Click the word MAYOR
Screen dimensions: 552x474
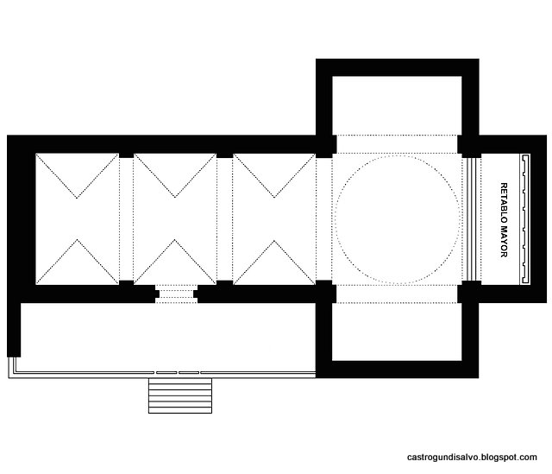(x=504, y=241)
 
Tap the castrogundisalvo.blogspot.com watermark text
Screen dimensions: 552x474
(x=472, y=458)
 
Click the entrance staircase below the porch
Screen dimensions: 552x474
(x=180, y=395)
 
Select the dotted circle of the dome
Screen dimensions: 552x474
(x=398, y=156)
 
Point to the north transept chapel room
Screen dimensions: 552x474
(x=397, y=105)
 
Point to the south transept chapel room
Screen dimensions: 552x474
(x=397, y=332)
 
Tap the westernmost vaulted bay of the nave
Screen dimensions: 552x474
(x=77, y=218)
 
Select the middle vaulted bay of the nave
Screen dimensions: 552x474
(x=175, y=218)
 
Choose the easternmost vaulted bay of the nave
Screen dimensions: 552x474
(x=274, y=218)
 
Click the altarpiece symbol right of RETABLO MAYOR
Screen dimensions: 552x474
(x=525, y=218)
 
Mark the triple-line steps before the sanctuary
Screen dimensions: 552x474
(x=472, y=218)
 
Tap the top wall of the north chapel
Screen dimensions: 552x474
(x=397, y=67)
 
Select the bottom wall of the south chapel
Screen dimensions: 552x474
(x=397, y=370)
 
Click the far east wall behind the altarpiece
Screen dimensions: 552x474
(x=538, y=218)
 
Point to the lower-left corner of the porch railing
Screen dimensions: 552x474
(x=9, y=378)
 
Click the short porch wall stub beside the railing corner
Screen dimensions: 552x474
(x=14, y=330)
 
